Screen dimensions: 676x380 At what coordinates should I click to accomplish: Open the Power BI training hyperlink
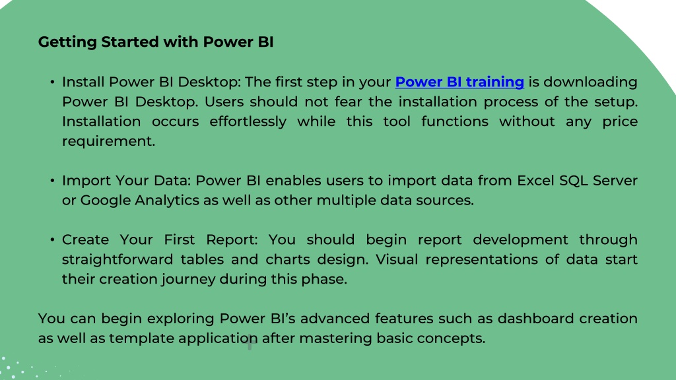[459, 82]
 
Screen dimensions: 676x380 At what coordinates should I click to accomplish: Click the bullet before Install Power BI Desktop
[52, 82]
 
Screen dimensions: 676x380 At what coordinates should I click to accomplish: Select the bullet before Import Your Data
[52, 181]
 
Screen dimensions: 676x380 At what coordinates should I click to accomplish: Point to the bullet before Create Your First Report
[52, 239]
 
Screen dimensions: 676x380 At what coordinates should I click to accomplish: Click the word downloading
[590, 82]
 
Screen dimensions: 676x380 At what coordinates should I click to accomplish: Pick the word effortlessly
[248, 122]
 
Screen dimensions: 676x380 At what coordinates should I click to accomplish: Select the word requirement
[109, 141]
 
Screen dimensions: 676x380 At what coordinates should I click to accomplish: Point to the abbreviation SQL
[574, 181]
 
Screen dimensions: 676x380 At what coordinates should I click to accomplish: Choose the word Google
[106, 201]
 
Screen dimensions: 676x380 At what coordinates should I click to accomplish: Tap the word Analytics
[167, 201]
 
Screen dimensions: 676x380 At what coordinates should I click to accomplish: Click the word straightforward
[118, 260]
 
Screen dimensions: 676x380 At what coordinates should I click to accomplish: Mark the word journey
[188, 280]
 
